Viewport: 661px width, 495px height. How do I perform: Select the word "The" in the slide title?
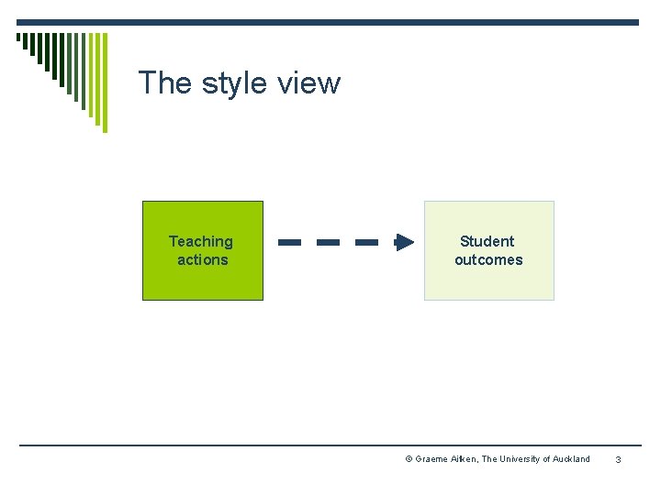[164, 83]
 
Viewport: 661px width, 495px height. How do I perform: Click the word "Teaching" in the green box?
[201, 242]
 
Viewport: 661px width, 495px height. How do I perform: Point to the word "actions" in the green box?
[202, 260]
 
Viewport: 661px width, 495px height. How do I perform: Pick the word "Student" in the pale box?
[487, 242]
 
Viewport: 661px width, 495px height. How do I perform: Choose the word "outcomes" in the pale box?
[488, 260]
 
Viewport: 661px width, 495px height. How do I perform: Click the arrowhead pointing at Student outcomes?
[404, 243]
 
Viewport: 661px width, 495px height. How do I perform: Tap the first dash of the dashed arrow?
[290, 243]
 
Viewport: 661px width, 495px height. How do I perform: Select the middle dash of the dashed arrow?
[329, 243]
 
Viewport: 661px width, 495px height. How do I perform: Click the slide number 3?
[618, 459]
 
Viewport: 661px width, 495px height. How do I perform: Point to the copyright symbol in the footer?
[409, 459]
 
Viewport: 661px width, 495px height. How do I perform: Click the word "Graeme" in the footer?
[431, 459]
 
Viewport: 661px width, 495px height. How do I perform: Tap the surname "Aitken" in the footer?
[464, 459]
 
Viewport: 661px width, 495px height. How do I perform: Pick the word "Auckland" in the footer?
[572, 459]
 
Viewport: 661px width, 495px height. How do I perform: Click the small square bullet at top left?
[18, 38]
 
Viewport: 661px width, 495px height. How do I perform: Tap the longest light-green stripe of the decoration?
[104, 82]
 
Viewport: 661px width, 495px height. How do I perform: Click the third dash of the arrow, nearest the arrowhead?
[366, 243]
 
